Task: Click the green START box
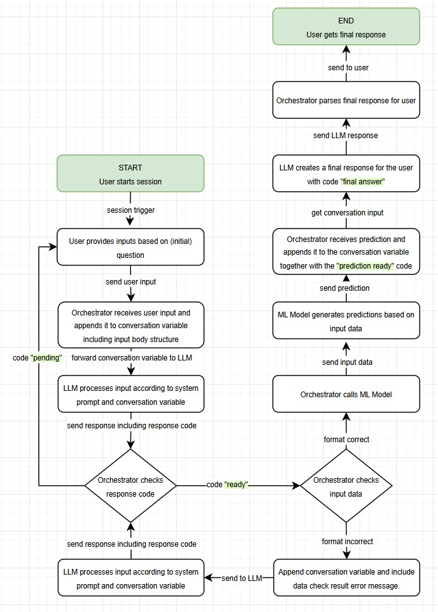[x=130, y=174]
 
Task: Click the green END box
[x=346, y=27]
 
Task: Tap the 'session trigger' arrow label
[x=130, y=210]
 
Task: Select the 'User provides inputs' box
[x=130, y=247]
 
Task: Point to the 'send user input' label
[x=130, y=281]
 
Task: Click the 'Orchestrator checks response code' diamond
[x=130, y=486]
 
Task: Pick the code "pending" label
[x=37, y=358]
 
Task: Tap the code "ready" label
[x=227, y=485]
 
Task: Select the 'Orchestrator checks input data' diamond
[x=346, y=486]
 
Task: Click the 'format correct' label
[x=346, y=439]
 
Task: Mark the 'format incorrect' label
[x=347, y=542]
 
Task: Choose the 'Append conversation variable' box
[x=346, y=578]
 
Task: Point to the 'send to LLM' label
[x=242, y=578]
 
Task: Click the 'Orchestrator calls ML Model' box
[x=346, y=394]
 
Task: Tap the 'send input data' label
[x=347, y=362]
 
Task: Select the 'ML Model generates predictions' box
[x=346, y=322]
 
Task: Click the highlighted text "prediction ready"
[x=366, y=266]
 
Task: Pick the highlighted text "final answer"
[x=363, y=182]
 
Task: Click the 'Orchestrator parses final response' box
[x=346, y=100]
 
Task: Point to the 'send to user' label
[x=348, y=67]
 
